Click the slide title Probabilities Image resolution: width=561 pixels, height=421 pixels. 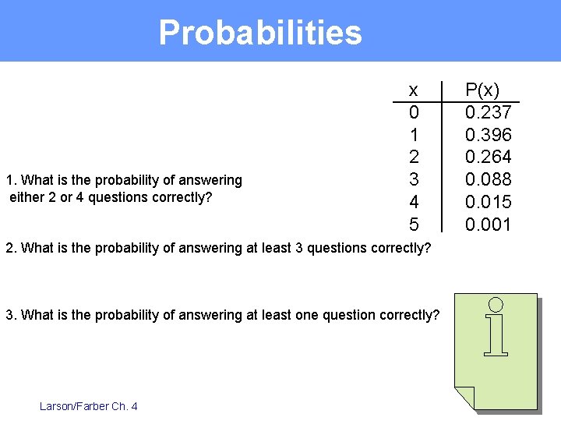pyautogui.click(x=260, y=33)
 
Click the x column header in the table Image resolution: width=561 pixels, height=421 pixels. pyautogui.click(x=414, y=89)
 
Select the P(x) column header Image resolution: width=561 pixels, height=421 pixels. pyautogui.click(x=482, y=89)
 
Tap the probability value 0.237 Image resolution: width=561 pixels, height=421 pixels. pyautogui.click(x=488, y=112)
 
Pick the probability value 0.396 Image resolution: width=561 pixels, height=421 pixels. pyautogui.click(x=488, y=135)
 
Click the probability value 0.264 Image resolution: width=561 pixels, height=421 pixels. pyautogui.click(x=488, y=157)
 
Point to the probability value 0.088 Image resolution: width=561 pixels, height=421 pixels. pyautogui.click(x=488, y=180)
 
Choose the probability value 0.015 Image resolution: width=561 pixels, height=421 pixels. pyautogui.click(x=488, y=203)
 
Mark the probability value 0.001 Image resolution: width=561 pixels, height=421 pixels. pyautogui.click(x=488, y=225)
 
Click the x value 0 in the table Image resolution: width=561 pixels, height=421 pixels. pyautogui.click(x=414, y=112)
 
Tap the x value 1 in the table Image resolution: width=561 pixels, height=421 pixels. pyautogui.click(x=414, y=135)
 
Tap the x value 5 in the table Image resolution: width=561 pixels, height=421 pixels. pyautogui.click(x=414, y=225)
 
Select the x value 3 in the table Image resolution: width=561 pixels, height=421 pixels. pyautogui.click(x=414, y=180)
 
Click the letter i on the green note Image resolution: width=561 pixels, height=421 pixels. pyautogui.click(x=496, y=327)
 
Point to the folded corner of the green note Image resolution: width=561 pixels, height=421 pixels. pyautogui.click(x=465, y=397)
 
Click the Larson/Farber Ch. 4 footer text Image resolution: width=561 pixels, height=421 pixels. pyautogui.click(x=88, y=406)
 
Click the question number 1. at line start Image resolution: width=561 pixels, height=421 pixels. pyautogui.click(x=10, y=180)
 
